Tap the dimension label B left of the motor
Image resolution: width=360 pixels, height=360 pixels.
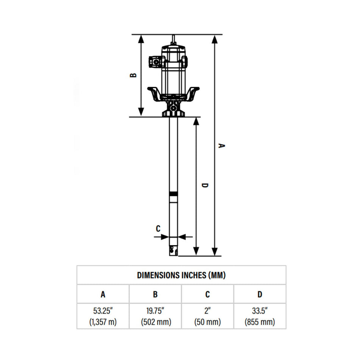pyautogui.click(x=133, y=75)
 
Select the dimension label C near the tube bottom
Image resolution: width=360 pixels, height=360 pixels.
pyautogui.click(x=158, y=228)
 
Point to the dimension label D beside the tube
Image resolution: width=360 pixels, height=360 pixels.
pyautogui.click(x=205, y=185)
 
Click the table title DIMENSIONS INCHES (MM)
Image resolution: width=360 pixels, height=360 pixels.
pyautogui.click(x=181, y=275)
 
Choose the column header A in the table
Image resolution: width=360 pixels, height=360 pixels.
pyautogui.click(x=103, y=294)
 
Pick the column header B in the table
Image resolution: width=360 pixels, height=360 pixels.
pyautogui.click(x=155, y=294)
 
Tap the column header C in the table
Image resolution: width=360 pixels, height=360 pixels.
pyautogui.click(x=207, y=294)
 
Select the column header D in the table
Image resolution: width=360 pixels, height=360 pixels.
pyautogui.click(x=260, y=294)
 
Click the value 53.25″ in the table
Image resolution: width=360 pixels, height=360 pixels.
pyautogui.click(x=103, y=311)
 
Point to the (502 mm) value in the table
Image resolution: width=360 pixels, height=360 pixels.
pyautogui.click(x=155, y=322)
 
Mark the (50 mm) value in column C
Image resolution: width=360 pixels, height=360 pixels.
pyautogui.click(x=207, y=322)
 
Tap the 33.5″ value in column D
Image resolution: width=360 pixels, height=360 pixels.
pyautogui.click(x=260, y=311)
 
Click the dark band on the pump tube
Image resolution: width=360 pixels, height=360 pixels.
pyautogui.click(x=173, y=194)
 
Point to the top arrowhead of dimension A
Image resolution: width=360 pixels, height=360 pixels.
pyautogui.click(x=215, y=38)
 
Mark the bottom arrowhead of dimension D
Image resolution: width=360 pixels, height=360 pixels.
pyautogui.click(x=196, y=252)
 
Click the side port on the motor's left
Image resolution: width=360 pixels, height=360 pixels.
pyautogui.click(x=155, y=61)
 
